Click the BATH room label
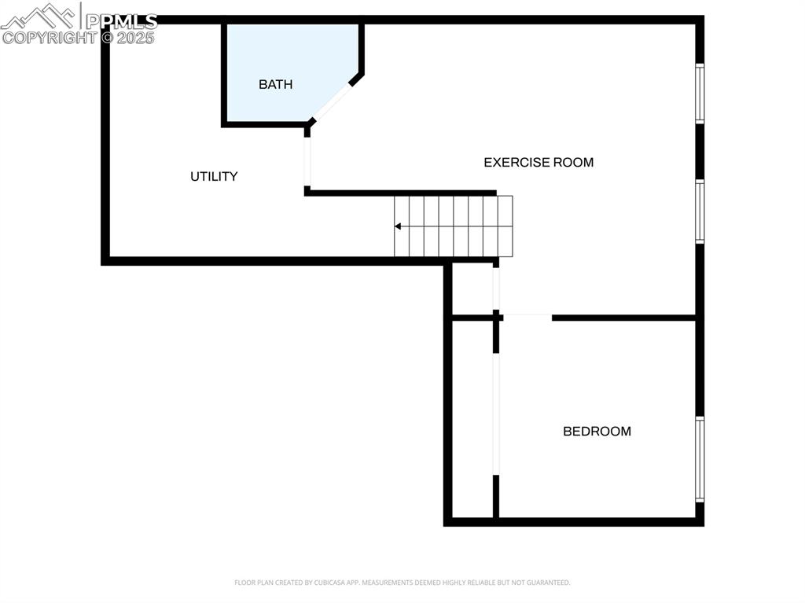coord(275,84)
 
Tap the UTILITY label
coord(214,176)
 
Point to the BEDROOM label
coord(597,431)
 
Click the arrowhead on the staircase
coord(399,226)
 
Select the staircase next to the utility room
coord(454,226)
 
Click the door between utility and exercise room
coord(307,161)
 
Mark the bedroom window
coord(699,459)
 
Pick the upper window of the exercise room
coord(699,94)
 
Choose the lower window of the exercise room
coord(699,211)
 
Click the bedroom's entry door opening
coord(527,316)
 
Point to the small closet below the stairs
coord(472,289)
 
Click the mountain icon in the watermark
coord(39,16)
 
